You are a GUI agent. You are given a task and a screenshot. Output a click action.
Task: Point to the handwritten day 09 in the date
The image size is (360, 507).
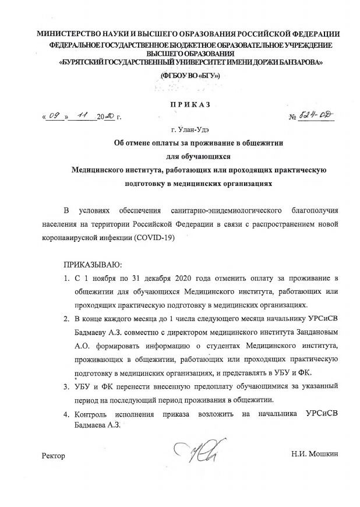point(55,117)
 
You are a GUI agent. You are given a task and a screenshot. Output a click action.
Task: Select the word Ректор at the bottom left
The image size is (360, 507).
point(54,455)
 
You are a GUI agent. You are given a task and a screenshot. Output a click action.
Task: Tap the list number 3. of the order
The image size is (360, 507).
point(67,386)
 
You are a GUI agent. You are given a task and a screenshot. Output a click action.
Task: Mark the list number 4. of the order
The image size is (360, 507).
point(67,414)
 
